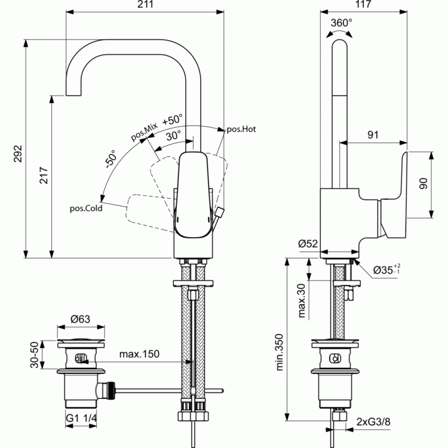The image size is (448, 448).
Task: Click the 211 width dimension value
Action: [x=145, y=4]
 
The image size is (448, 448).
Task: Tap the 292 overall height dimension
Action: [x=18, y=154]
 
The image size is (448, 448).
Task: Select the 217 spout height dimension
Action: [x=44, y=176]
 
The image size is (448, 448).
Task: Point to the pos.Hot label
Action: [x=241, y=130]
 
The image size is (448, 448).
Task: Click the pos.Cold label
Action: [x=86, y=208]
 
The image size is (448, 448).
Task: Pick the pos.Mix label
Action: [x=145, y=132]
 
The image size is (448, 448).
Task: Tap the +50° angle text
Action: [x=172, y=119]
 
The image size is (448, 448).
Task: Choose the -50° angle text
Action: [x=111, y=159]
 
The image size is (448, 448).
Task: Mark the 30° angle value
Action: [x=173, y=136]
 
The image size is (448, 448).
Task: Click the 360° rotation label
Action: [x=342, y=23]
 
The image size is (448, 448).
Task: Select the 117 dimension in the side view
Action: [x=363, y=4]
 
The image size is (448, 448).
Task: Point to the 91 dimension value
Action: [x=373, y=134]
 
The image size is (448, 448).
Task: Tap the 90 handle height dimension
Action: [x=423, y=183]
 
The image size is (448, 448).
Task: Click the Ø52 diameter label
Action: [x=308, y=244]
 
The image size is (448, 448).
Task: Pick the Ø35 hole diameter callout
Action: [x=386, y=269]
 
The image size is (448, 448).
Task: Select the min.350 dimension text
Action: [x=280, y=352]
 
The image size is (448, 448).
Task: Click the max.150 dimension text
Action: [x=139, y=354]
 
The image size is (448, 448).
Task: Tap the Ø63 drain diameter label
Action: [x=80, y=319]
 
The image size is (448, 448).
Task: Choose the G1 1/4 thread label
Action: [x=81, y=418]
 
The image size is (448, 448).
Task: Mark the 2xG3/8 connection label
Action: [x=373, y=422]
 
